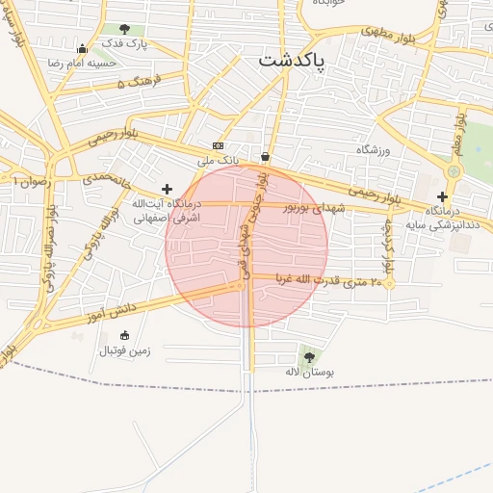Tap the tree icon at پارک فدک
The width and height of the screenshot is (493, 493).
pos(124,29)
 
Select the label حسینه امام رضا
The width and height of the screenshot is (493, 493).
pos(82,64)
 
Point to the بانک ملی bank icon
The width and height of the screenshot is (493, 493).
pos(218,145)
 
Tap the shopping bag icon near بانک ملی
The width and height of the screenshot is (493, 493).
pos(265,157)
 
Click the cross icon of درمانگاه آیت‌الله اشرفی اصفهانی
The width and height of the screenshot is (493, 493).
pos(168,189)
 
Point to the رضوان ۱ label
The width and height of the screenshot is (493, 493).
pos(30,180)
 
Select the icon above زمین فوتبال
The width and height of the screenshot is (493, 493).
pos(125,335)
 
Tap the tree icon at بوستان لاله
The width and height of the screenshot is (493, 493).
pos(309,357)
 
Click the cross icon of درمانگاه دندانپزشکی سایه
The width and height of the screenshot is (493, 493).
pos(442,196)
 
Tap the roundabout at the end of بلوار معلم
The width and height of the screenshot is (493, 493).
pos(454,170)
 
